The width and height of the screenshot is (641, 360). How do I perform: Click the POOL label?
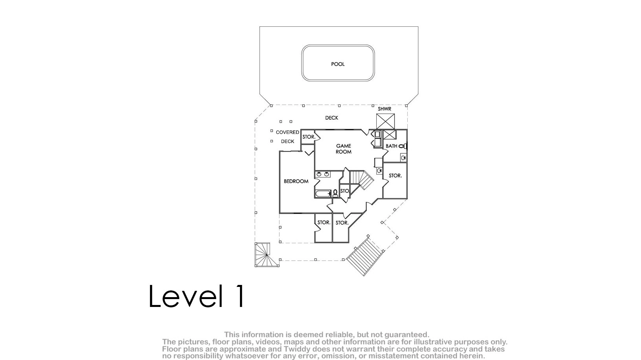pos(338,64)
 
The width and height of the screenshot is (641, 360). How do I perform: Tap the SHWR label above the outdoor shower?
pos(384,109)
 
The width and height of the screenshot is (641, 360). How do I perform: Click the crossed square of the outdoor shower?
pos(385,121)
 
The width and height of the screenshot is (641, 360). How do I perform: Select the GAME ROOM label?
pos(343,149)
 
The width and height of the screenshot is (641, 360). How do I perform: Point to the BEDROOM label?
pos(296,181)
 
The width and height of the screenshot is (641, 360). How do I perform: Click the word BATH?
pos(391,146)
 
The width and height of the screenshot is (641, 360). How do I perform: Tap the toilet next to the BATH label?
pos(403,146)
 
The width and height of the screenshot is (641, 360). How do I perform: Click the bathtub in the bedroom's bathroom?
pos(323,194)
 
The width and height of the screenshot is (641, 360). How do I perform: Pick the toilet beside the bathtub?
pos(335,194)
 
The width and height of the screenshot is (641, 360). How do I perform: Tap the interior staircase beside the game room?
pos(361,180)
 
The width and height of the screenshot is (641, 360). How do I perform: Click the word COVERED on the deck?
pos(287,132)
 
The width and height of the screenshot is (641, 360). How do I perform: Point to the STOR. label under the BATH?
pos(395,176)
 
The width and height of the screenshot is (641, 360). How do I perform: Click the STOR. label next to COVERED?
pos(309,137)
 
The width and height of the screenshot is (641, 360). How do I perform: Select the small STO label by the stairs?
pos(344,191)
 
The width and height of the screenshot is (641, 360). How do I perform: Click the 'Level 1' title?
pos(197,296)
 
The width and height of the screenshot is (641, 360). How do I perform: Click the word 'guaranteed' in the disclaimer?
pos(407,335)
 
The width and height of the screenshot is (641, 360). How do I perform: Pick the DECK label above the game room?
pos(331,118)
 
